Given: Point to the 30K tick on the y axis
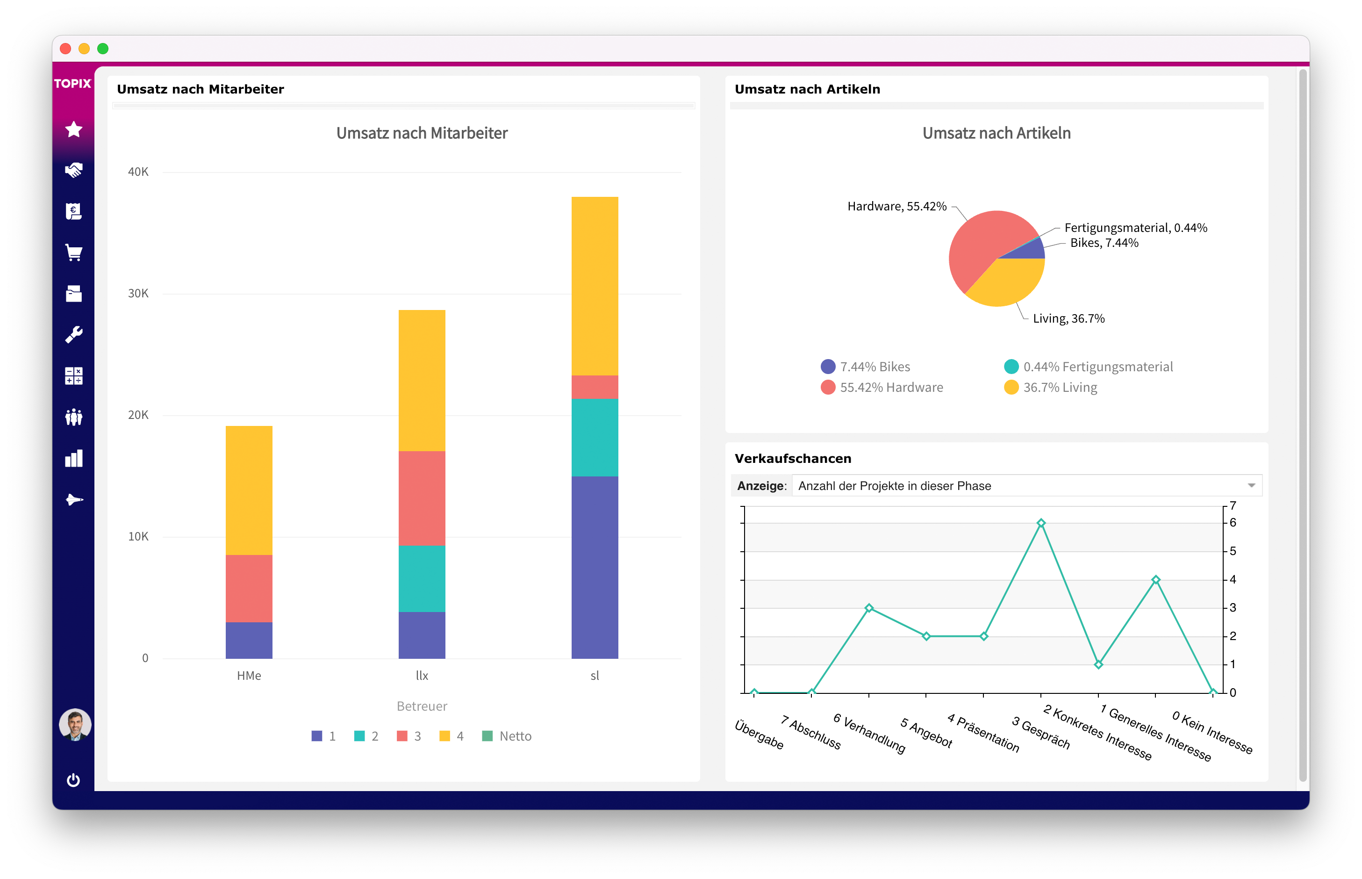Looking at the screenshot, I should (x=138, y=293).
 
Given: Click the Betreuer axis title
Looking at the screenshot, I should (x=422, y=706).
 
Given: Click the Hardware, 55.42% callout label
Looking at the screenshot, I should (x=896, y=206).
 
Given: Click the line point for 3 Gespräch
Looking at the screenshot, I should (x=1041, y=523).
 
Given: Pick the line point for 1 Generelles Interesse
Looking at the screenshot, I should (x=1155, y=579).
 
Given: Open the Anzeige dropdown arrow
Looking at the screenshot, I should (x=1251, y=485).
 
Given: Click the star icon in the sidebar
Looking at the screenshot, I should (x=73, y=130).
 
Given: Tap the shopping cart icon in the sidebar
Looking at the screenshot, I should (x=73, y=253).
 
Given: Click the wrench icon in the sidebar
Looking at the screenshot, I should (x=73, y=334).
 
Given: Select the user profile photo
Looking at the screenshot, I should (x=75, y=724).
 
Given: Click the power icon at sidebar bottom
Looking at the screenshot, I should (x=73, y=780).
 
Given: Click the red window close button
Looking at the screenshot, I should (x=65, y=49).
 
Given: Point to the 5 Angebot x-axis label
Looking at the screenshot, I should (x=926, y=732).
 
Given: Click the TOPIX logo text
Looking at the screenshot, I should (x=72, y=83).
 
